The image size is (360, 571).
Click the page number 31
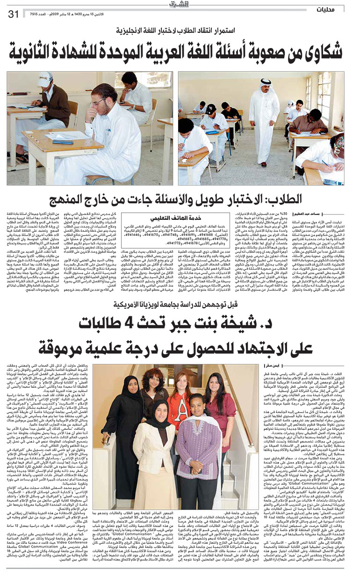(x=13, y=14)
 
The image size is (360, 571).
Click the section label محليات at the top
(x=341, y=10)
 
